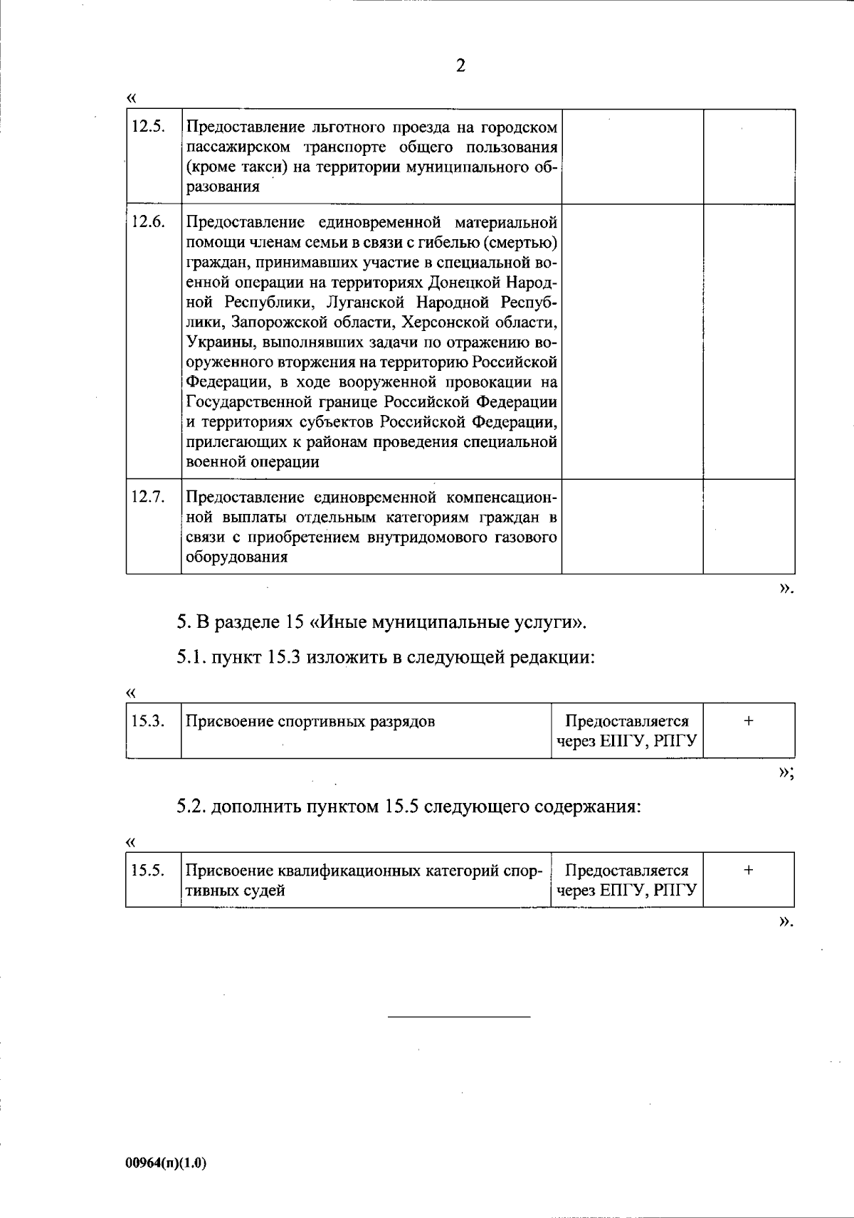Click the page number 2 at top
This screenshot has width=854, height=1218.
[460, 66]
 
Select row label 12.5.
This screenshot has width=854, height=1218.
[148, 127]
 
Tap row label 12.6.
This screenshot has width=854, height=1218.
[148, 221]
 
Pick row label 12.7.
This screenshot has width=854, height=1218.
[148, 497]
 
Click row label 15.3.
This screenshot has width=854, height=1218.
[148, 721]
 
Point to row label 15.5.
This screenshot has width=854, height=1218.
[148, 870]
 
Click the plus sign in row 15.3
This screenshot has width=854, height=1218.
[749, 720]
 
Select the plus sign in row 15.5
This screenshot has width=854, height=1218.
[749, 869]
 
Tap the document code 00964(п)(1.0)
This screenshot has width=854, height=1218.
[165, 1163]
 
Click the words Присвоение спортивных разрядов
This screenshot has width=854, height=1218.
[310, 721]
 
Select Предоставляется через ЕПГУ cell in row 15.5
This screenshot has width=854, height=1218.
[626, 880]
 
